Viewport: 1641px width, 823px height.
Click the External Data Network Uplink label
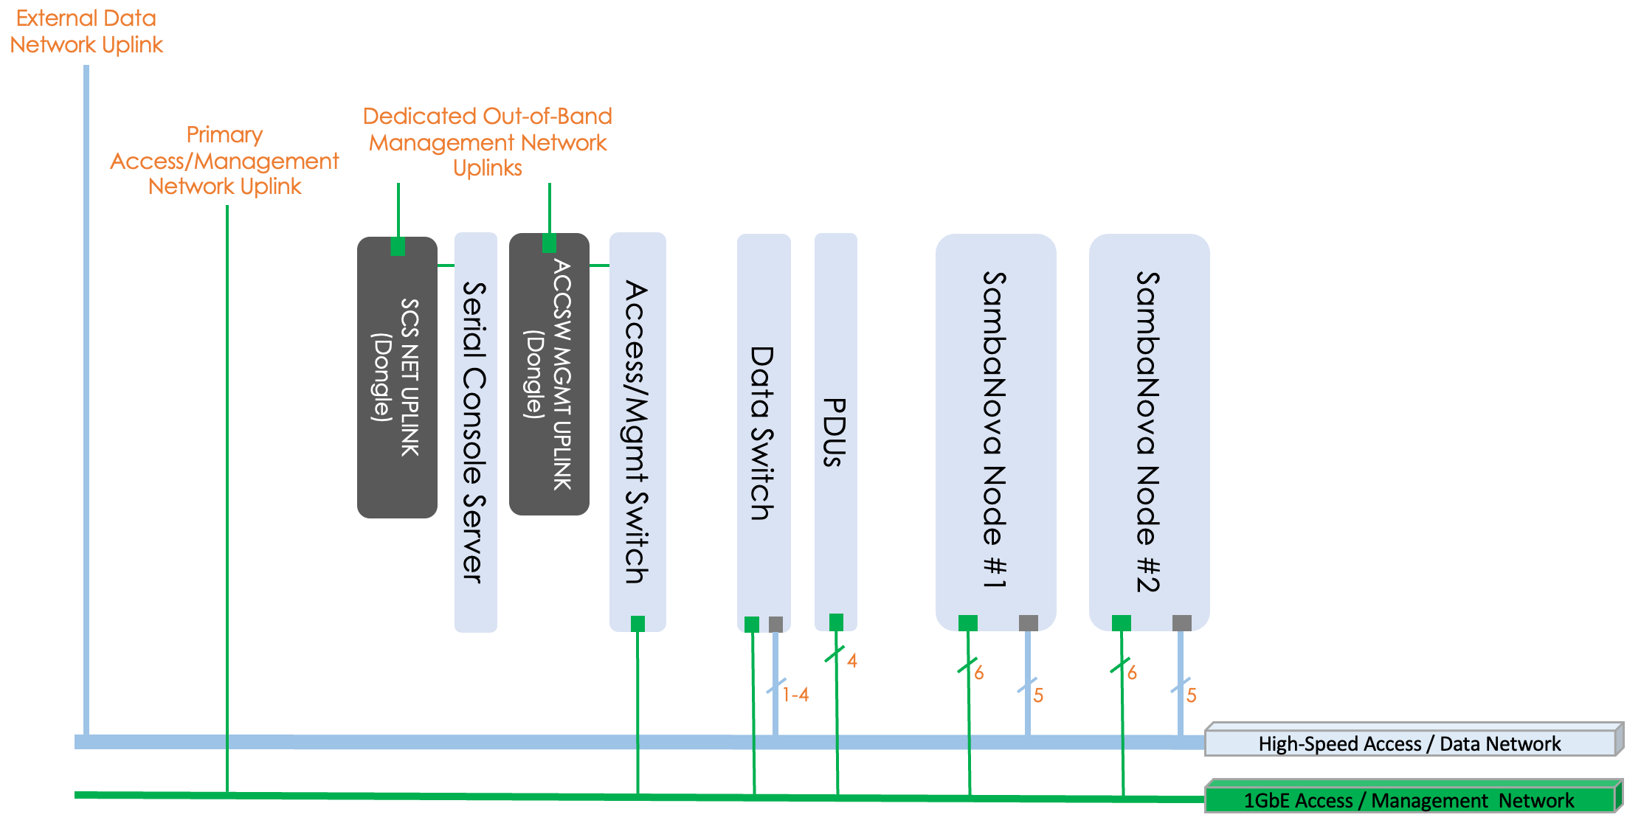(x=86, y=32)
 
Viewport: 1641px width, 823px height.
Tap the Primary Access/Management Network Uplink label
(x=224, y=161)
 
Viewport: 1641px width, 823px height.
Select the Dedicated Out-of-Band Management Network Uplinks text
(x=488, y=142)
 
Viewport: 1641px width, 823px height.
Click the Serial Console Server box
(x=475, y=432)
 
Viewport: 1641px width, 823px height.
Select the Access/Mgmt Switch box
(x=638, y=432)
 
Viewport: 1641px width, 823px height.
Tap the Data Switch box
(x=763, y=432)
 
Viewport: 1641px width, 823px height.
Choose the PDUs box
(x=835, y=432)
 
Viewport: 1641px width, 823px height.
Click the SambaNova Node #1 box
(x=995, y=432)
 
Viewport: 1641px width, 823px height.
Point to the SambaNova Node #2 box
(x=1148, y=432)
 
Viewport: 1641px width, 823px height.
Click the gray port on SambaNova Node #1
(x=1028, y=623)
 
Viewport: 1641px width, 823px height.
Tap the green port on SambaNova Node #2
(x=1121, y=623)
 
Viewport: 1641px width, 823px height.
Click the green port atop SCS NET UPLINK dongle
(x=398, y=246)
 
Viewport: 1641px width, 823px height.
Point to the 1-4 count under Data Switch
(x=795, y=695)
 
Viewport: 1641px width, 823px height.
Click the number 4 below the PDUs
(x=852, y=661)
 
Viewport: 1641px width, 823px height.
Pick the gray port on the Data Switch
(x=775, y=625)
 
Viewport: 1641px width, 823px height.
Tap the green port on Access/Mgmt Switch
(x=638, y=624)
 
